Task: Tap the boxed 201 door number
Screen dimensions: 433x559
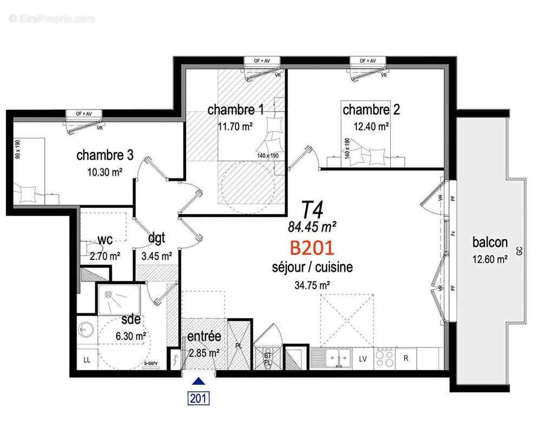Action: [x=199, y=398]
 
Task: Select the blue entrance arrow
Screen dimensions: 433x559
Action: [x=199, y=381]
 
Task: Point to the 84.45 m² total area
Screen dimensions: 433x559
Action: [x=312, y=225]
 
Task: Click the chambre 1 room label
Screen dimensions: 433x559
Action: [x=236, y=110]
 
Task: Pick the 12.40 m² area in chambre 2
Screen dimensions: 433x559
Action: [x=371, y=127]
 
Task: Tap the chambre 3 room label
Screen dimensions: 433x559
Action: [x=105, y=155]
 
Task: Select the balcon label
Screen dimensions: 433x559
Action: [x=489, y=241]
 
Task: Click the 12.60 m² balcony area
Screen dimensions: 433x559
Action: [x=489, y=259]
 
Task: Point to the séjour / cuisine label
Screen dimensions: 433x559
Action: [x=312, y=267]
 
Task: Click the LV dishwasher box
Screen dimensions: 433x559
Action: [x=363, y=359]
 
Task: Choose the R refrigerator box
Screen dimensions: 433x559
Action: [x=406, y=359]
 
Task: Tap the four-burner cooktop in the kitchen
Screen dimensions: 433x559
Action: [x=385, y=358]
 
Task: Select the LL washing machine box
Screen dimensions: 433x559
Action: [x=87, y=359]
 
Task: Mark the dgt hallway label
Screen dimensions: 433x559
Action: [x=156, y=239]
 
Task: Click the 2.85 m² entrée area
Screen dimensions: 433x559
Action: [x=203, y=353]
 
